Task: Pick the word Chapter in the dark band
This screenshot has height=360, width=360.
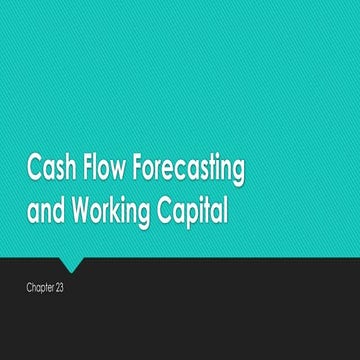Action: coord(43,288)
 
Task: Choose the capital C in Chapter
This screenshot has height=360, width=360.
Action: coord(31,288)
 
